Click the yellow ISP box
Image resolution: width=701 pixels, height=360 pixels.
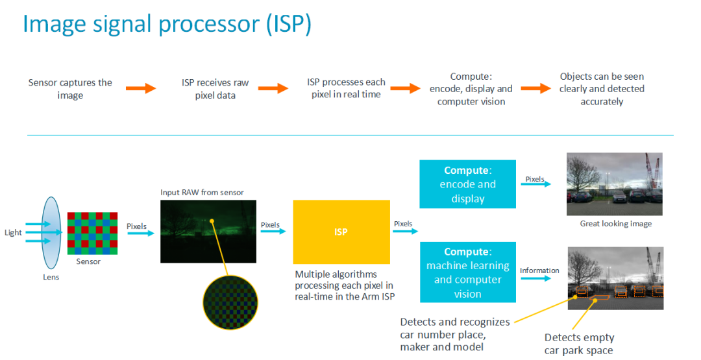(x=341, y=232)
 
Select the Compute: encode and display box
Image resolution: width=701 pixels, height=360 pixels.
(x=467, y=184)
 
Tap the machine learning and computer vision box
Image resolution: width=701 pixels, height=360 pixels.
(x=467, y=272)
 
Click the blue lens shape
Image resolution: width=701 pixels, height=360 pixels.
(x=51, y=233)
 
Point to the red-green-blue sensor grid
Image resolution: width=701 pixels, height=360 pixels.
(x=93, y=233)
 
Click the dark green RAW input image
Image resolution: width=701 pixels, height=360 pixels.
(x=208, y=232)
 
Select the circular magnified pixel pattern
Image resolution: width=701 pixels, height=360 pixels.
(x=230, y=302)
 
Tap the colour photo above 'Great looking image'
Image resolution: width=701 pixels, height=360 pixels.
(x=614, y=184)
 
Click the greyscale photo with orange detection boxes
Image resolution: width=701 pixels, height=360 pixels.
(x=615, y=278)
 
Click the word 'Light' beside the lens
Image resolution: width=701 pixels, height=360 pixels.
(x=13, y=232)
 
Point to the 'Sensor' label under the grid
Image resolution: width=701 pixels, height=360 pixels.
(x=88, y=261)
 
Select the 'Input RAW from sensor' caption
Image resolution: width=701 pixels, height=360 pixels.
(x=202, y=193)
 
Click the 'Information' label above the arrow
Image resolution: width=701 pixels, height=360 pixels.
(x=539, y=270)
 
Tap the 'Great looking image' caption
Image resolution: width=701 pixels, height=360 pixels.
(x=615, y=223)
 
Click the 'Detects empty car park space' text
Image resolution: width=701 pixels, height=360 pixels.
(x=579, y=344)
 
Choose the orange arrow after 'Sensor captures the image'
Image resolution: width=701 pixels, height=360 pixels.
(x=141, y=88)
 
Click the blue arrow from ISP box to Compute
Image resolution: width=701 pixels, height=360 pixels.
(x=405, y=231)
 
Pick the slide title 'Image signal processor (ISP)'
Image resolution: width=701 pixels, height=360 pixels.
(x=167, y=23)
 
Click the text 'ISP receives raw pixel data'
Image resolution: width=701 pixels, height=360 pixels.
(x=215, y=89)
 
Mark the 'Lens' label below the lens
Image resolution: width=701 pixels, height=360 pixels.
(x=51, y=277)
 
